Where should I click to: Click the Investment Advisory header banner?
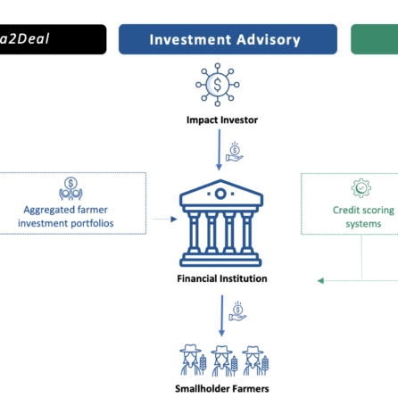click(x=228, y=39)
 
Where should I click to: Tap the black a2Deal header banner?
click(x=53, y=39)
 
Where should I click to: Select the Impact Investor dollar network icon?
click(x=218, y=85)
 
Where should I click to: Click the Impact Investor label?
click(x=222, y=120)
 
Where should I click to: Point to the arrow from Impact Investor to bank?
click(x=220, y=150)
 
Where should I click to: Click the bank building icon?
click(x=221, y=223)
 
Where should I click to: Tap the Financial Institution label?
click(x=222, y=278)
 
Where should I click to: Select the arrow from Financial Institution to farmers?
click(x=221, y=316)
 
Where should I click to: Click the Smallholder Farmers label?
click(x=222, y=388)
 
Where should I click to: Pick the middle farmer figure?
click(x=224, y=361)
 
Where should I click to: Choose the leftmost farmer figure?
click(x=193, y=361)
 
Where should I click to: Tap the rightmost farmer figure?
click(x=255, y=361)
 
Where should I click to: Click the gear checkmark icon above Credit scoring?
click(x=361, y=188)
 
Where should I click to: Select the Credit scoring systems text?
click(x=363, y=217)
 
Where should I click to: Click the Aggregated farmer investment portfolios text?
click(x=66, y=216)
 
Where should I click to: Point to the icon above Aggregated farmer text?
click(x=70, y=189)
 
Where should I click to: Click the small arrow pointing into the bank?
click(x=165, y=220)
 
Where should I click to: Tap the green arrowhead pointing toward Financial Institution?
click(x=320, y=280)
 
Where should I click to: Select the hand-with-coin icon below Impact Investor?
click(x=235, y=152)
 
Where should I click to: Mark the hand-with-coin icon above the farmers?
click(x=237, y=311)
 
